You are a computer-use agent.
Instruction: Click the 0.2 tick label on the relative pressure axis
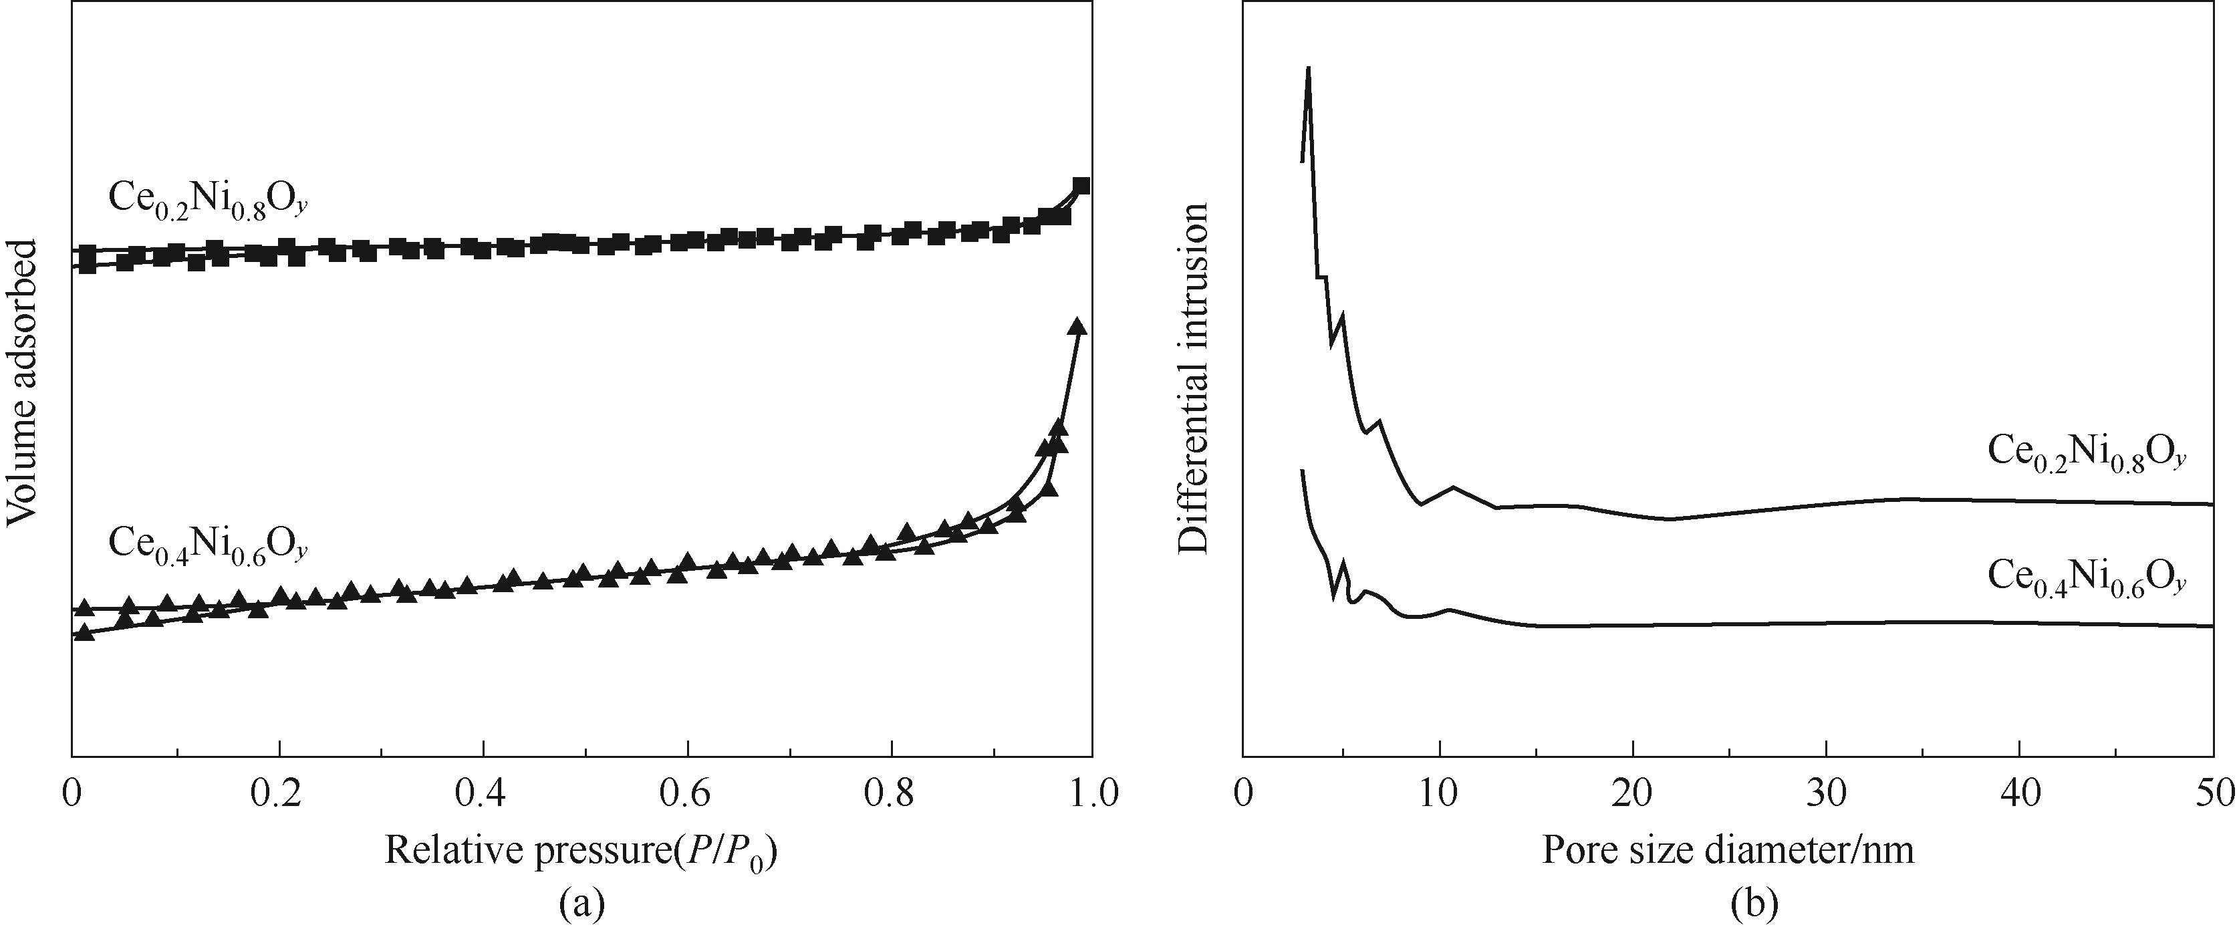(278, 795)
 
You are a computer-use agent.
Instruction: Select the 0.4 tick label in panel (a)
(482, 795)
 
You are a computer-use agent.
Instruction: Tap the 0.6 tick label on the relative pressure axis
(687, 795)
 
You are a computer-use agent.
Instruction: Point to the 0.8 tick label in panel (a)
(891, 795)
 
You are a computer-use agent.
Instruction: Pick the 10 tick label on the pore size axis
(1439, 795)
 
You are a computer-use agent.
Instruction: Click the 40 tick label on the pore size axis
(2020, 795)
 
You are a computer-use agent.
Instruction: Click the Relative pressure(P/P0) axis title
(581, 851)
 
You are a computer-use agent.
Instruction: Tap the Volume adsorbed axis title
(23, 382)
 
